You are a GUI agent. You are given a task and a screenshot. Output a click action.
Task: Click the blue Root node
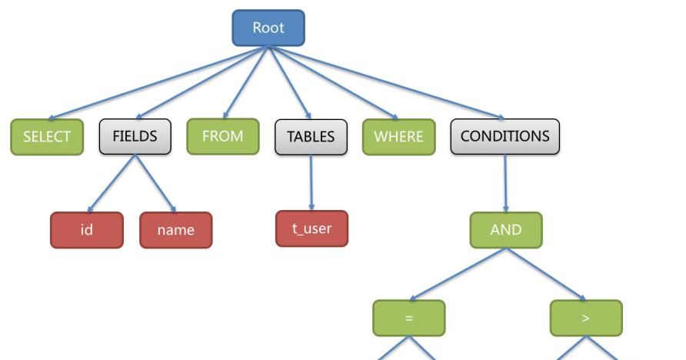(x=268, y=28)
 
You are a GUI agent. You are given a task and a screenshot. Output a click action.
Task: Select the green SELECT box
(x=47, y=137)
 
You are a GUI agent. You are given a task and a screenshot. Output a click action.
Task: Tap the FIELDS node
(x=135, y=137)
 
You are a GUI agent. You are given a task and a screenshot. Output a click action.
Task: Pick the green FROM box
(x=222, y=136)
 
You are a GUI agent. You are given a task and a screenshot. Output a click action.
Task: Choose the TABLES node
(x=311, y=137)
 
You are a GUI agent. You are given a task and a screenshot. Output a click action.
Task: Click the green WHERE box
(x=398, y=137)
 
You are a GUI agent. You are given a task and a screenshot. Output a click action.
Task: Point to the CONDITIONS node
(x=505, y=137)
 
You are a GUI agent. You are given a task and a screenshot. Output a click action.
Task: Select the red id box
(x=86, y=230)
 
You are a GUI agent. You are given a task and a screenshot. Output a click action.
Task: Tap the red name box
(x=175, y=230)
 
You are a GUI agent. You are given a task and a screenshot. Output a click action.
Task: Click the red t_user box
(x=311, y=228)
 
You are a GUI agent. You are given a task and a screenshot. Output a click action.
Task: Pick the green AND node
(x=505, y=230)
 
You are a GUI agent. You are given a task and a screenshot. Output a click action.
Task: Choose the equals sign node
(x=408, y=318)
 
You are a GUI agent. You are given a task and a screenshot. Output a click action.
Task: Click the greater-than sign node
(x=586, y=318)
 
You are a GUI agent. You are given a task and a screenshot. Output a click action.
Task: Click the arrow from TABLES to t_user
(x=311, y=182)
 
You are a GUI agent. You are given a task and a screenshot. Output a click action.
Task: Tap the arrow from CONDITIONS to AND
(x=505, y=183)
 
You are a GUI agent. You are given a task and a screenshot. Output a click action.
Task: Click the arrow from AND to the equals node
(x=458, y=274)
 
